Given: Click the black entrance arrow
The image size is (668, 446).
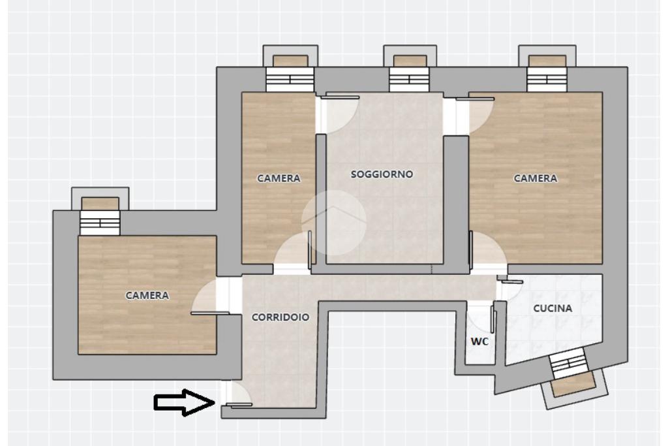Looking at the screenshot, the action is (184, 402).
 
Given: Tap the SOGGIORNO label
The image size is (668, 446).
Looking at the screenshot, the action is (382, 174).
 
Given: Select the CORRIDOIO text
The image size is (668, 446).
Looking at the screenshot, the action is (281, 317).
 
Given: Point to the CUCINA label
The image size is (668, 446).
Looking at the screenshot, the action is (553, 308).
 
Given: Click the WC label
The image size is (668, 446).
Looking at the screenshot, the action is (479, 342).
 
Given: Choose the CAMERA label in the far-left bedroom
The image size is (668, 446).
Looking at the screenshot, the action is (147, 295).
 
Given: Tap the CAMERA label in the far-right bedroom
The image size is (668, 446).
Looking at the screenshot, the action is (535, 178).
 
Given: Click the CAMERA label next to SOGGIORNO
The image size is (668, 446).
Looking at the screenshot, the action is (279, 178).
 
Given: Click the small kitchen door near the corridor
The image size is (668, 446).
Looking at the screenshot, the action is (511, 287).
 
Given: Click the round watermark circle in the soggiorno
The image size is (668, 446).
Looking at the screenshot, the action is (333, 222).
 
